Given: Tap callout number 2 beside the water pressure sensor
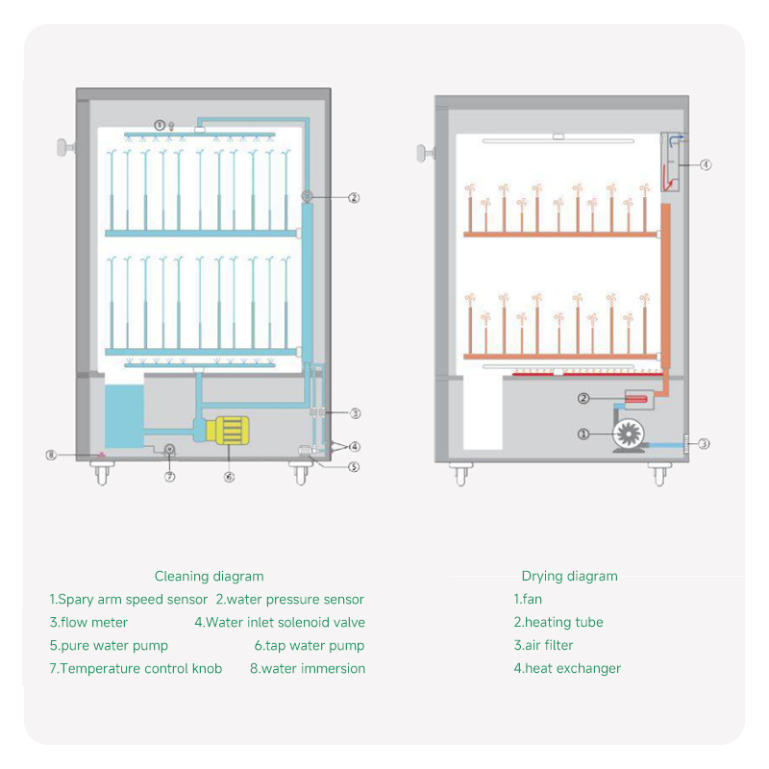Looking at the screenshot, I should point(354,198).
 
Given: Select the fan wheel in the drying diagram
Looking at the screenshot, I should point(630,434).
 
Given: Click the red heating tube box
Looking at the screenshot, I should point(638,397).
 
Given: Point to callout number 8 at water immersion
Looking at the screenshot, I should point(51,454).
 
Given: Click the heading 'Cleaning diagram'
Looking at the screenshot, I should point(209,577).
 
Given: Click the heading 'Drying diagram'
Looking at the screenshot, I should point(569,577).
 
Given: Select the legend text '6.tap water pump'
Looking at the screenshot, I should point(309,646).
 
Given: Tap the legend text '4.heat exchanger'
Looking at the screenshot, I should point(567,669).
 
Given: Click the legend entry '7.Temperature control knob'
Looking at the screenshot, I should point(136,669).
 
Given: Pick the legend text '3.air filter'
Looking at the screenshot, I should point(543,646).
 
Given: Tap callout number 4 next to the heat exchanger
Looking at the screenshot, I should point(706,165).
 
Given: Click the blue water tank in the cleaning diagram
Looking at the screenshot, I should point(121,413).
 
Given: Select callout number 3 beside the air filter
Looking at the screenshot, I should point(704,444).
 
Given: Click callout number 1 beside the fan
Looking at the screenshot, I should point(583,434).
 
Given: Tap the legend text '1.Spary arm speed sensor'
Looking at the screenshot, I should point(129,600).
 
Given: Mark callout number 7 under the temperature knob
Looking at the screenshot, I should point(169,476).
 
